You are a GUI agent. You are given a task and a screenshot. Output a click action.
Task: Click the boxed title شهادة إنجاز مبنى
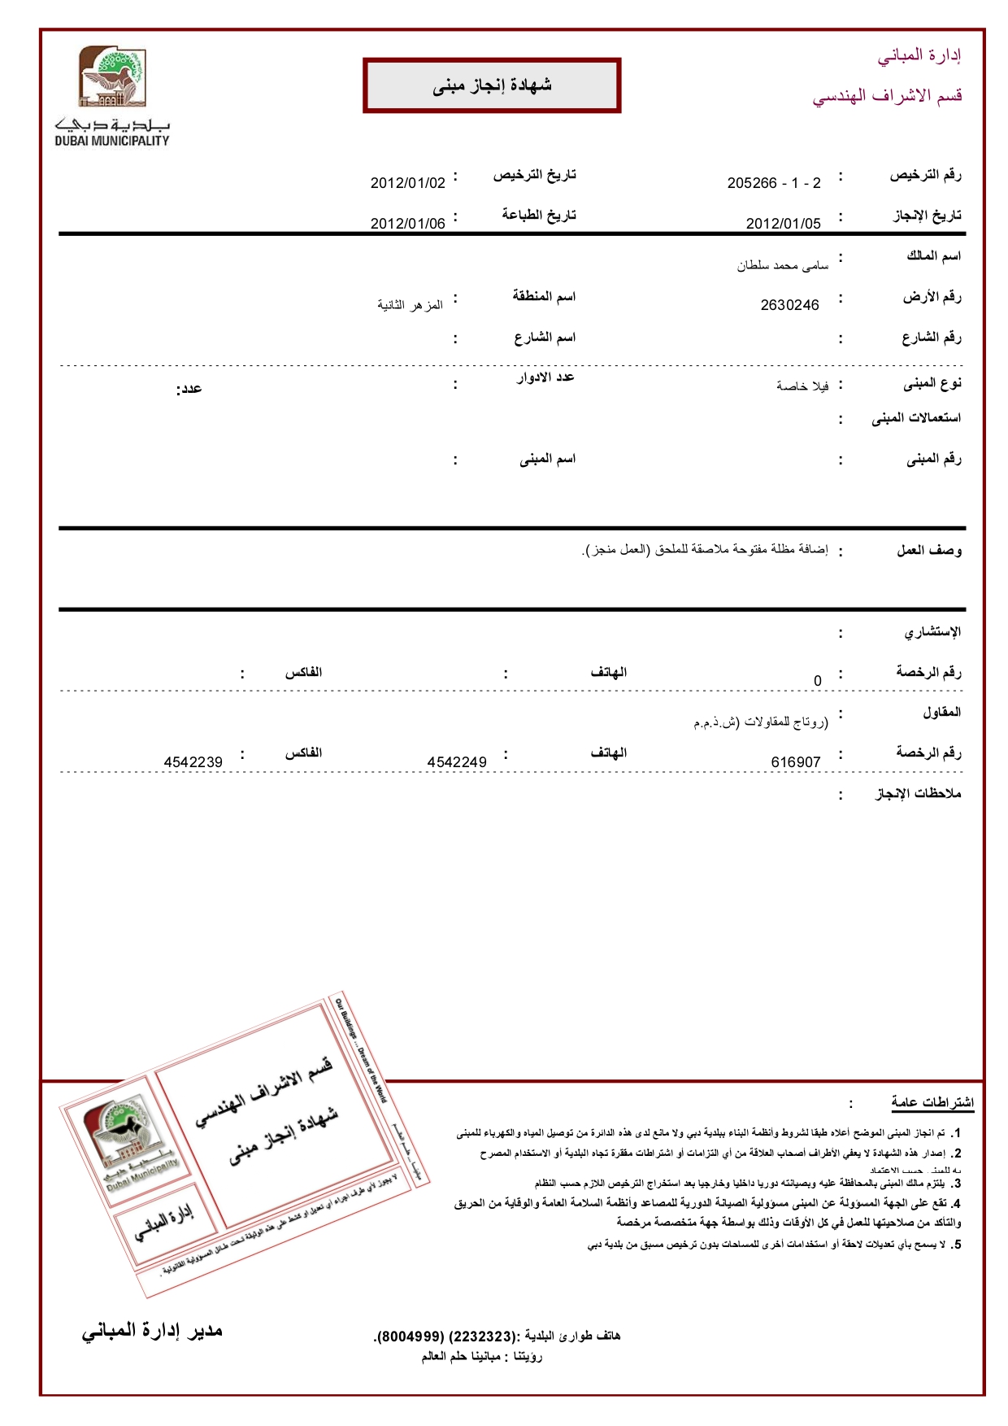click(x=492, y=85)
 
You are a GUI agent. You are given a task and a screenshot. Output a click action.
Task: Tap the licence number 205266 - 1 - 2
click(x=774, y=183)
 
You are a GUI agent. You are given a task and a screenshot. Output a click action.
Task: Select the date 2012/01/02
click(x=407, y=183)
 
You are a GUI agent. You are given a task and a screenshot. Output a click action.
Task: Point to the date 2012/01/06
click(x=407, y=224)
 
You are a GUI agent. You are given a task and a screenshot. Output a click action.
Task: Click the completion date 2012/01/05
click(x=783, y=224)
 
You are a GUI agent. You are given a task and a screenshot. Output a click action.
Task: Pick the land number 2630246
click(x=789, y=305)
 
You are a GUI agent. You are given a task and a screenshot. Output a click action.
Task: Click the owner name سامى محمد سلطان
click(x=782, y=265)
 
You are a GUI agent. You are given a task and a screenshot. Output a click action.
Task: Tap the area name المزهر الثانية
click(x=410, y=305)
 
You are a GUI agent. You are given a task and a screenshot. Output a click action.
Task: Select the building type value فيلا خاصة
click(x=802, y=386)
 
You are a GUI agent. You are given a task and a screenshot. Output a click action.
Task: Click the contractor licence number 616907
click(x=795, y=762)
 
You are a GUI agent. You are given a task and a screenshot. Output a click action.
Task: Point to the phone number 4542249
click(x=457, y=762)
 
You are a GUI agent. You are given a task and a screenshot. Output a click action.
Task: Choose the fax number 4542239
click(x=193, y=762)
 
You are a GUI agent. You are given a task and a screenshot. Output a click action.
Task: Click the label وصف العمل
click(x=928, y=551)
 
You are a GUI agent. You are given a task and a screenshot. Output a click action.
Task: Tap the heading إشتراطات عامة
click(x=932, y=1102)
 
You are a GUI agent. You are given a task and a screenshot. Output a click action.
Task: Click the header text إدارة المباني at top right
click(x=919, y=56)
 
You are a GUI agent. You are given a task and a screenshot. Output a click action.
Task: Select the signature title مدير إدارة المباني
click(x=152, y=1332)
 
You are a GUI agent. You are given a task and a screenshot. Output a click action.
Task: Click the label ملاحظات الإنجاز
click(x=918, y=793)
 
